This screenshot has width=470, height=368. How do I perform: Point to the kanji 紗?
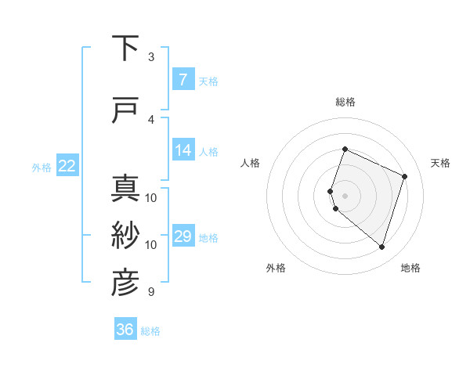click(x=126, y=236)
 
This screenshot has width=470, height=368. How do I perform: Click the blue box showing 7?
click(x=183, y=80)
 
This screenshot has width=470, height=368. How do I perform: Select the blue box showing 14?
click(x=183, y=150)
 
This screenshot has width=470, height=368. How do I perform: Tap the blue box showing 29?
click(x=183, y=236)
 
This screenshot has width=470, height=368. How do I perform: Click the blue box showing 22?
click(x=67, y=166)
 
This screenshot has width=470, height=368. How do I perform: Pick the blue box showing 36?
click(x=125, y=330)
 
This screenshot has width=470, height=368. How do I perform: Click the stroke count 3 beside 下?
click(x=151, y=56)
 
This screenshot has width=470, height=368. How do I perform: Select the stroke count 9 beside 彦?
click(x=151, y=292)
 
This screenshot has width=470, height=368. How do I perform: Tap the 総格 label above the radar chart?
click(x=345, y=102)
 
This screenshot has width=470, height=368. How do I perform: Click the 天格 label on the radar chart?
click(x=440, y=163)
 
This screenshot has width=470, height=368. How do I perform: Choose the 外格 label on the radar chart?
click(x=276, y=268)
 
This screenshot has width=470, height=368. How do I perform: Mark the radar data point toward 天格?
click(x=405, y=176)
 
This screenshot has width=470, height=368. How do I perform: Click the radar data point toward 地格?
click(x=381, y=247)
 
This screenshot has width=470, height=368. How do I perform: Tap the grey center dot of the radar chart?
click(x=345, y=196)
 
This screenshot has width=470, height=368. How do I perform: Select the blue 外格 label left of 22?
click(x=41, y=167)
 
